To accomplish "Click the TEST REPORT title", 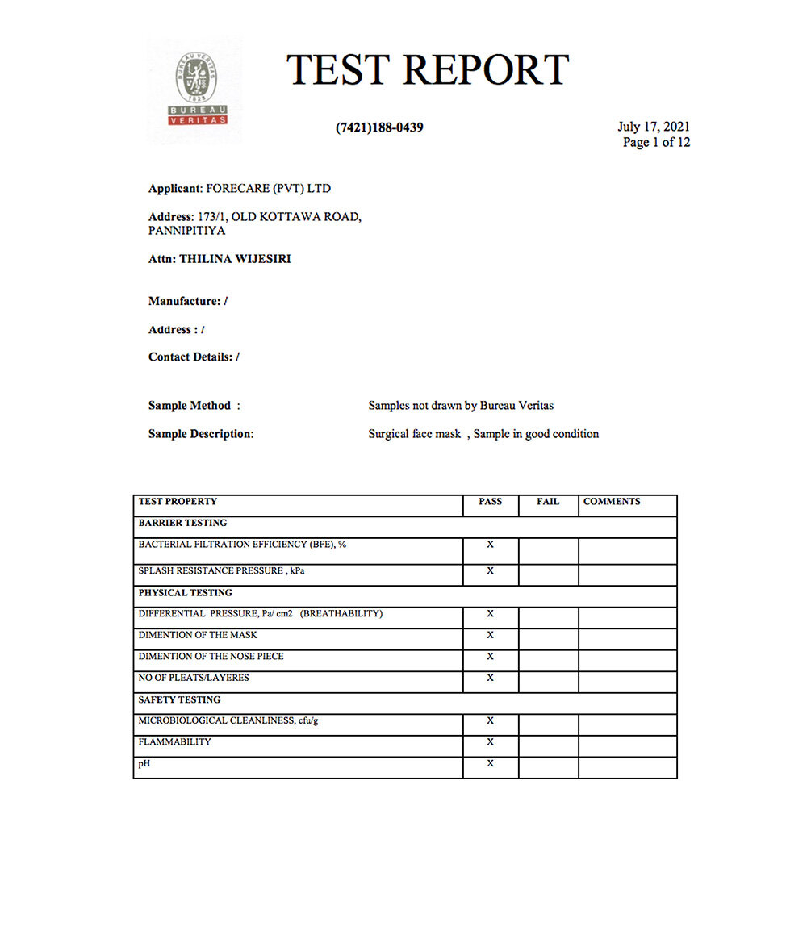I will (428, 69).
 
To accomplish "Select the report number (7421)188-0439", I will (379, 127).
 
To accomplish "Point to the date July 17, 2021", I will (654, 127).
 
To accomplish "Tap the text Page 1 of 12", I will (656, 143).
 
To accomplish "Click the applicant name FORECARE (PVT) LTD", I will (269, 189).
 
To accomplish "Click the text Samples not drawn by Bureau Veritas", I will (461, 406).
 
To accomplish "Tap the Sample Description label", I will (200, 434).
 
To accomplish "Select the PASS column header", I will (490, 502).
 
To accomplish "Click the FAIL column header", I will (548, 502).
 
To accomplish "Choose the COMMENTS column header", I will (612, 502).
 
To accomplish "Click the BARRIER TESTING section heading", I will (182, 523).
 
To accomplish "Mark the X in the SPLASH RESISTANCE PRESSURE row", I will (490, 571).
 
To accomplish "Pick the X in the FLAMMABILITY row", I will (490, 742).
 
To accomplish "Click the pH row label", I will (144, 763).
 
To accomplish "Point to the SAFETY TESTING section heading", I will (179, 699).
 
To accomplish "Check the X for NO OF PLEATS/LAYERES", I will (490, 678).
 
